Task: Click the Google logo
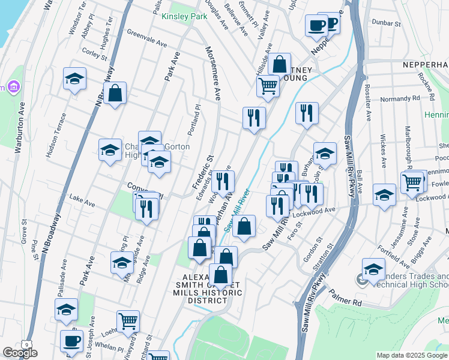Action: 20,353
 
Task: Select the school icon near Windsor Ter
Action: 74,79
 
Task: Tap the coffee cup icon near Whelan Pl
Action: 71,340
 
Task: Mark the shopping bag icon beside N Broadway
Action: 114,93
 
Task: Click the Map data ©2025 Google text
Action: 412,355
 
